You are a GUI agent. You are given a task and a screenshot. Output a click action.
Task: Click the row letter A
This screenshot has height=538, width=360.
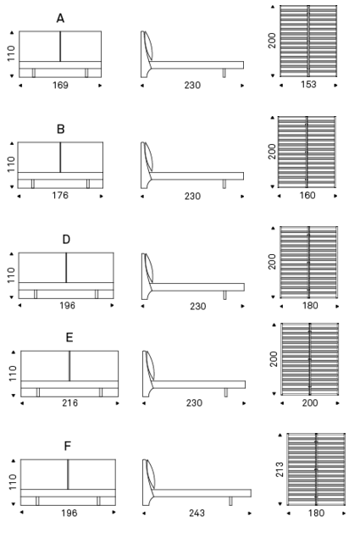[60, 18]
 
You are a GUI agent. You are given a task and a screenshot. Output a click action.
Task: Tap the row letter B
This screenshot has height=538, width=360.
[60, 129]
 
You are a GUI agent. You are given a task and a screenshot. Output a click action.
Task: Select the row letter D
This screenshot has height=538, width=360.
[66, 239]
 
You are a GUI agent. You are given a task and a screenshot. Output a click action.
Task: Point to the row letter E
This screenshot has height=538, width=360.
[69, 337]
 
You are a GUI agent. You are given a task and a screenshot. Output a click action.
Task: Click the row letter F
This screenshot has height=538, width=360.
[67, 446]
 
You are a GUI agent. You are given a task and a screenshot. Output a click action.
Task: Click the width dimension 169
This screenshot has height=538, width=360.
[60, 85]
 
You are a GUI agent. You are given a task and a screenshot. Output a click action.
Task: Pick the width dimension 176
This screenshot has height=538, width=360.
[60, 196]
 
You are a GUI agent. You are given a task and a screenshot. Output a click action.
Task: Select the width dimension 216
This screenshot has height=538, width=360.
[70, 402]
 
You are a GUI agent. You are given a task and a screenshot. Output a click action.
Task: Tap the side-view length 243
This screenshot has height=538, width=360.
[197, 513]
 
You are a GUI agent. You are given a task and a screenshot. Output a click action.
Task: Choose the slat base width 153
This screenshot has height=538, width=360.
[308, 85]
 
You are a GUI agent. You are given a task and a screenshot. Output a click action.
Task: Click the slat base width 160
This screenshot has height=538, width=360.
[307, 195]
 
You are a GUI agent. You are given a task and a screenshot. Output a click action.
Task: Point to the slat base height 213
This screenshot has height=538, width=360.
[280, 469]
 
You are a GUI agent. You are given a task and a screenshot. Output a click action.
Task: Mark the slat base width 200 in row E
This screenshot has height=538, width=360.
[310, 402]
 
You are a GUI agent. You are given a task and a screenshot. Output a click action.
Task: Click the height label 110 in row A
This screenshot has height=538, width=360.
[11, 53]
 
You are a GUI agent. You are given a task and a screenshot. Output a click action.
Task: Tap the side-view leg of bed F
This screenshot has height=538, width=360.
[230, 501]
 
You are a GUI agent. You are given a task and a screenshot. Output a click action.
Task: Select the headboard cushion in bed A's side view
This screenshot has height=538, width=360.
[149, 47]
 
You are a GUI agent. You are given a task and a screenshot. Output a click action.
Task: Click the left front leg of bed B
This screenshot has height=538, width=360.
[33, 184]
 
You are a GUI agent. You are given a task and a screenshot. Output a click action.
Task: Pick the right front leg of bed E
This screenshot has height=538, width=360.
[101, 392]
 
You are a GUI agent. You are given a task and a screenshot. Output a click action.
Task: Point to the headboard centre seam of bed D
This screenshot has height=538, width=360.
[66, 268]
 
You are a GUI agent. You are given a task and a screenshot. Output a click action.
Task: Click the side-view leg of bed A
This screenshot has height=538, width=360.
[224, 73]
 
